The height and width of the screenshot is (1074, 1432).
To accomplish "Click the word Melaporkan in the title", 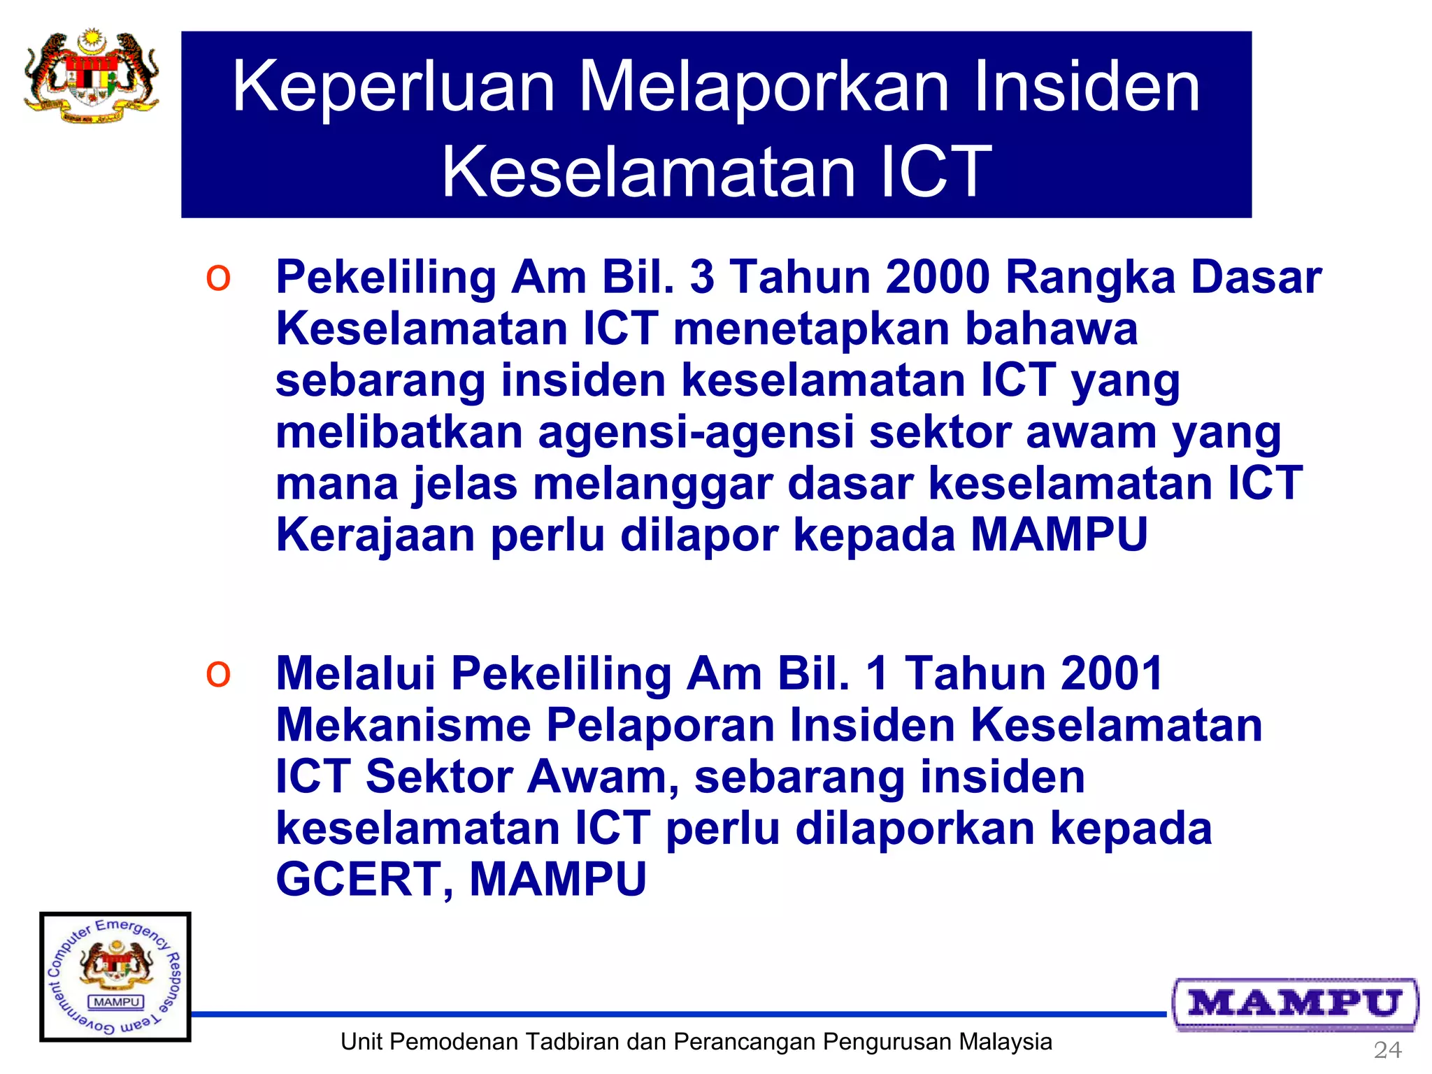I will click(x=764, y=87).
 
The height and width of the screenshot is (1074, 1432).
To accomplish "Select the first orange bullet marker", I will click(x=218, y=278).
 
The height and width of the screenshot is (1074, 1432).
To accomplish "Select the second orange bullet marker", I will click(x=218, y=674).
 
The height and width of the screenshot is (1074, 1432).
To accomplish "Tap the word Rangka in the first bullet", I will click(x=1091, y=278).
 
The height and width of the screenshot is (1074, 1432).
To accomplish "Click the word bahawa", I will click(x=1051, y=329).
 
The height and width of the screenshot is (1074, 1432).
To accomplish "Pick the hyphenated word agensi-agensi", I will click(x=696, y=433).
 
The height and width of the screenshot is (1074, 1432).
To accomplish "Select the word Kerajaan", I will click(x=375, y=536).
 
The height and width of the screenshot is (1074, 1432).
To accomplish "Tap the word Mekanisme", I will click(x=403, y=725).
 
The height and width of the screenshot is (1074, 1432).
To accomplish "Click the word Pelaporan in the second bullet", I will click(x=660, y=725).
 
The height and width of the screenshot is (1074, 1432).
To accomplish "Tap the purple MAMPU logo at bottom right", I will click(x=1296, y=1004).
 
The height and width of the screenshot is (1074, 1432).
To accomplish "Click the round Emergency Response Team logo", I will click(x=115, y=977).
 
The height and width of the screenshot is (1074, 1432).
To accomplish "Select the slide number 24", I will click(x=1387, y=1050).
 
